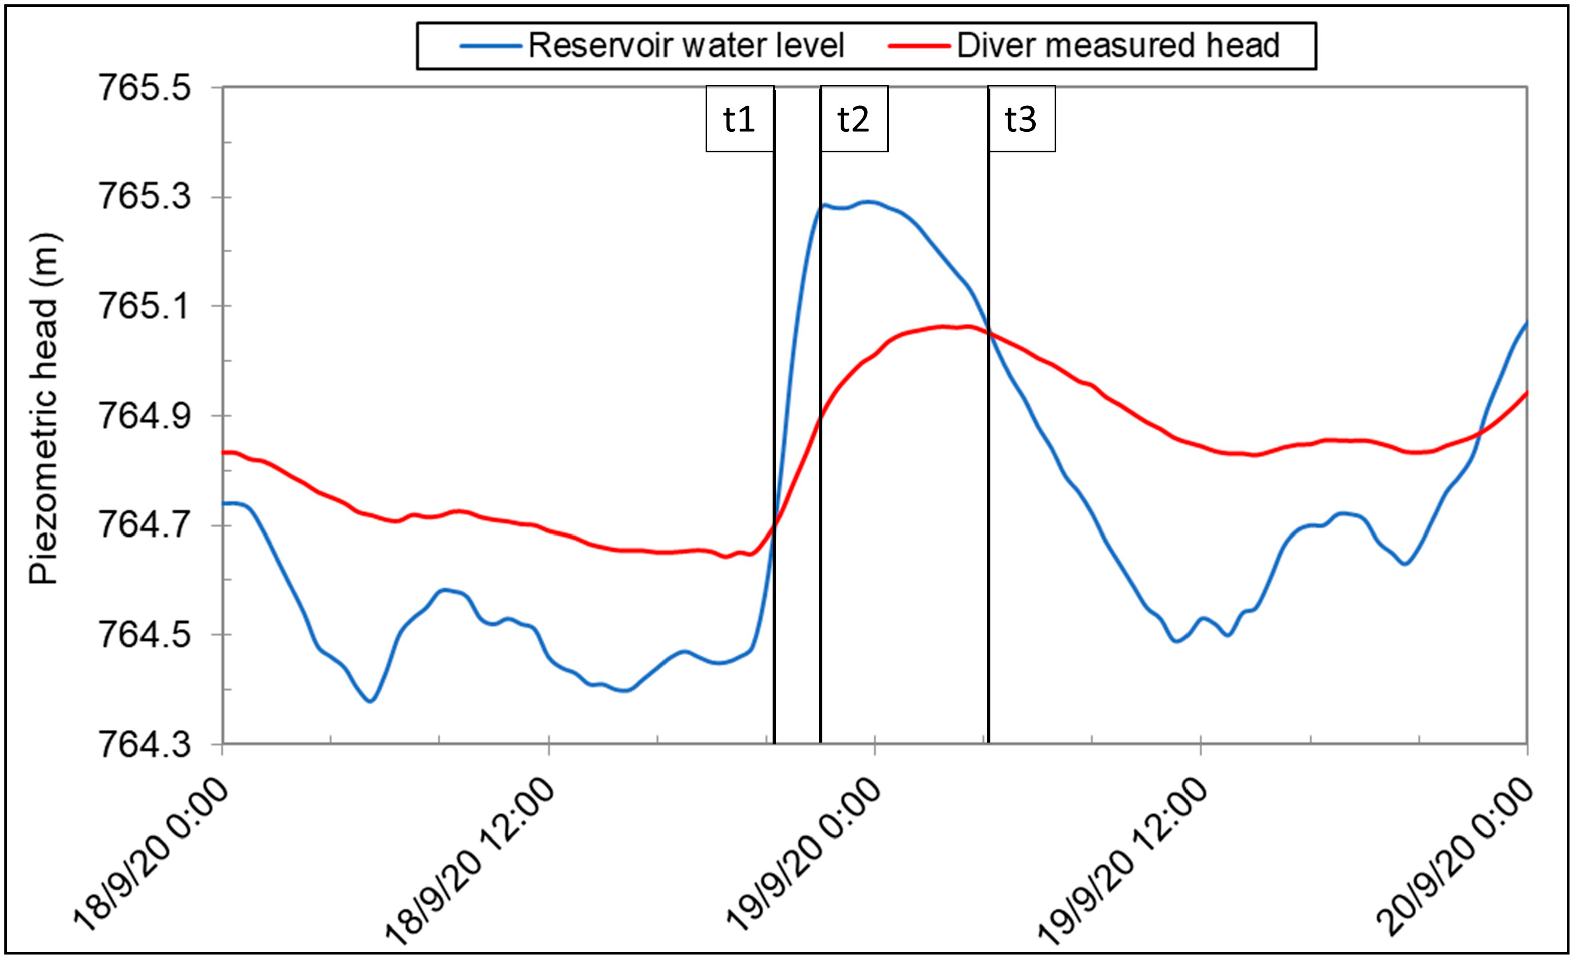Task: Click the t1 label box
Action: coord(740,119)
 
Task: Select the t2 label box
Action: coord(854,119)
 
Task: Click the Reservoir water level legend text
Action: coord(686,45)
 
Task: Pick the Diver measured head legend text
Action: coord(1118,45)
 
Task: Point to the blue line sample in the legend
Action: coord(491,46)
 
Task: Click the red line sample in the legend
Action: coord(920,46)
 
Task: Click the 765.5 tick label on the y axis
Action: coord(145,88)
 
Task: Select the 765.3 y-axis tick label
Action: coord(145,196)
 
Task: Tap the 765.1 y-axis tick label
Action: coord(145,306)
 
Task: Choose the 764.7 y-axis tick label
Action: coord(145,526)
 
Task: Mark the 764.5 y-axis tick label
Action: coord(145,635)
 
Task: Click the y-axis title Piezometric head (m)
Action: coord(45,409)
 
